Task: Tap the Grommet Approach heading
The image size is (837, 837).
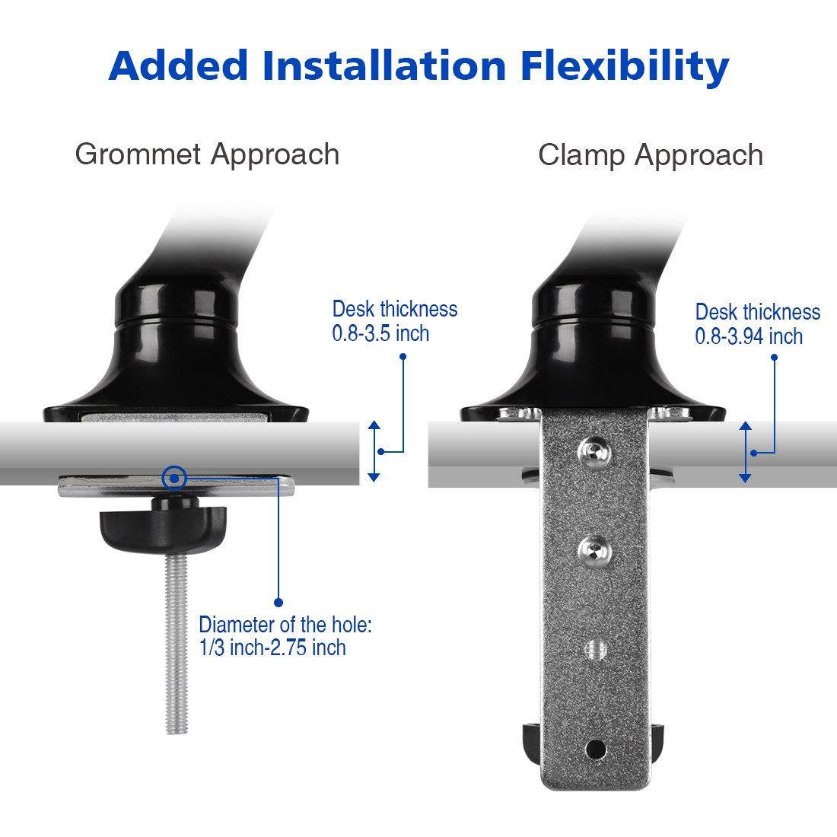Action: click(207, 154)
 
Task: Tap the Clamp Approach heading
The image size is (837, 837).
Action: click(651, 155)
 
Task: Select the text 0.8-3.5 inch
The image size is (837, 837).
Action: click(380, 333)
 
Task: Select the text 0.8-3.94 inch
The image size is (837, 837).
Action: click(749, 336)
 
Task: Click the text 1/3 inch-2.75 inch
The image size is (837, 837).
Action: click(272, 648)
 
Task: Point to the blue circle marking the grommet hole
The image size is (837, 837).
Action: click(175, 478)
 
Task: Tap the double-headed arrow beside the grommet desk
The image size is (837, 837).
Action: click(374, 450)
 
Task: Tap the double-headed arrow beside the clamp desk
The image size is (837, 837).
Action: click(745, 452)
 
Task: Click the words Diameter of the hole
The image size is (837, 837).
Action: click(285, 625)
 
